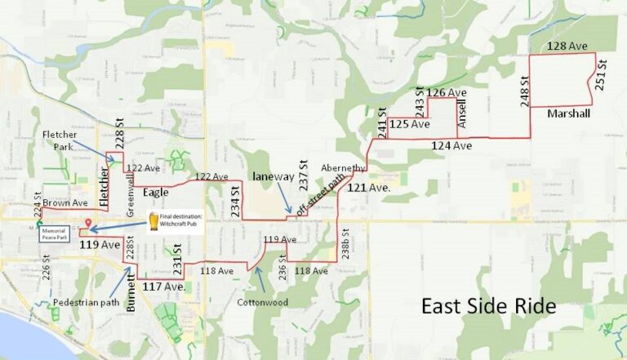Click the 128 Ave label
[x=567, y=47]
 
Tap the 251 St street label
[x=601, y=75]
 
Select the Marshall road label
[x=568, y=113]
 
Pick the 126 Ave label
[x=447, y=93]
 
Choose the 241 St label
[x=381, y=122]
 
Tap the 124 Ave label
[x=451, y=145]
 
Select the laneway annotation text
[x=271, y=176]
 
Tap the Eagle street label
[x=156, y=193]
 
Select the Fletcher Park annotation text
[x=60, y=140]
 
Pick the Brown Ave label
[x=66, y=202]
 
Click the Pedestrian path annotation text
[x=89, y=302]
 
